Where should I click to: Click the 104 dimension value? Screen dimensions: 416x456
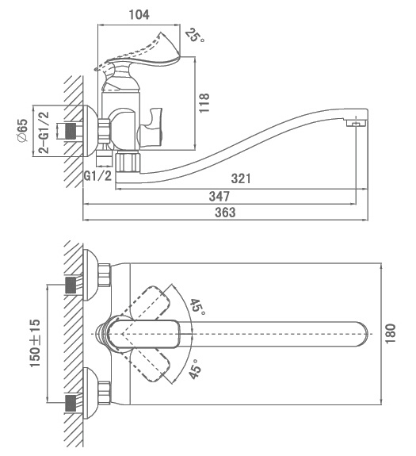point(139,14)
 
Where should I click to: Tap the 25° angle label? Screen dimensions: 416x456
point(195,35)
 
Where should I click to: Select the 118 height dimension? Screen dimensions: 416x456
point(204,103)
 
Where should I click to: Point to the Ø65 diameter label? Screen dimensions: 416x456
point(23,130)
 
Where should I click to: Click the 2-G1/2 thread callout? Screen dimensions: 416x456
point(44,132)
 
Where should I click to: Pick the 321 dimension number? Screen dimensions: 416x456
point(241,178)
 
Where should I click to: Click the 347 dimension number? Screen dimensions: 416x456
point(219,197)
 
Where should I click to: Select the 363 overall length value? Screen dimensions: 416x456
point(225,213)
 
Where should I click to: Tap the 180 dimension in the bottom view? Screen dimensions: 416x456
point(390,333)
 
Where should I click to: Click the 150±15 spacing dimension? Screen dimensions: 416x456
point(35,343)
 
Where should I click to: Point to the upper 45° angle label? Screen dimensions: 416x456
point(198,307)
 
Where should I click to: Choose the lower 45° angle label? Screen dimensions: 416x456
point(195,369)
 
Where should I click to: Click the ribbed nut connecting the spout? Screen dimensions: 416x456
point(128,162)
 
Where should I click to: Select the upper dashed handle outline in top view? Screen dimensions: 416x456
point(145,303)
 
